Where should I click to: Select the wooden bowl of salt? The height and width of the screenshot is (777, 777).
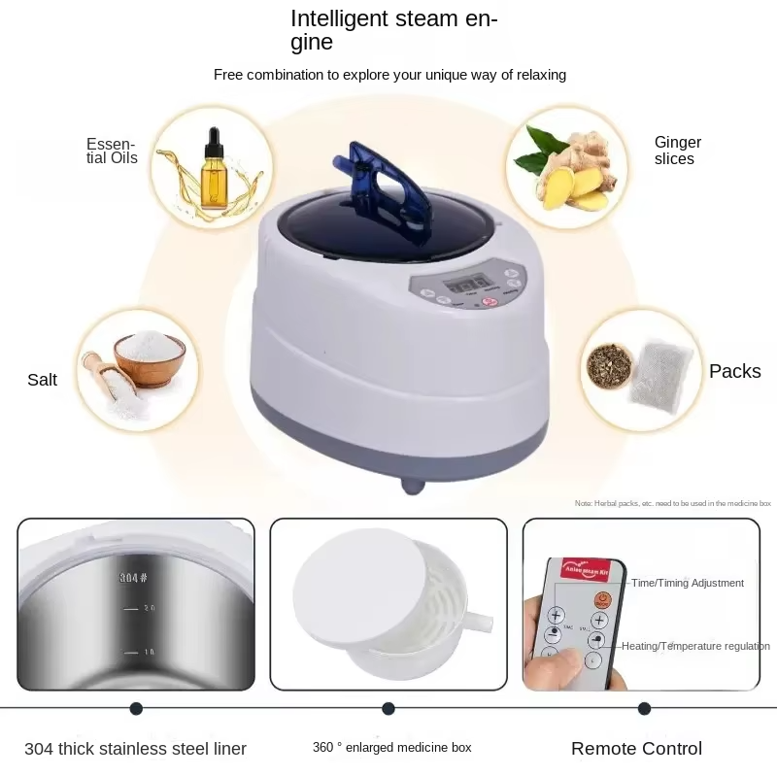(149, 355)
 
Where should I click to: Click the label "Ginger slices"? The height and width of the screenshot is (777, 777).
(677, 151)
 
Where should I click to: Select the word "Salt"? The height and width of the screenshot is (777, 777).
(42, 380)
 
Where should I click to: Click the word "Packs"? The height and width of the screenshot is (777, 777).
(734, 371)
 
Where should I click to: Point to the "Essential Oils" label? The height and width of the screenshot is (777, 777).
(112, 151)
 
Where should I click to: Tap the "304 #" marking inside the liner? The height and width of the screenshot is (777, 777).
(133, 578)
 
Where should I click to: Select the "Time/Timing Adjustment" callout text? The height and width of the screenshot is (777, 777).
(688, 583)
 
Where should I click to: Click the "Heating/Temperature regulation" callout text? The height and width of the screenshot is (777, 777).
(695, 646)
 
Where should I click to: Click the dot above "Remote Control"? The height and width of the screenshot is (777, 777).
(644, 709)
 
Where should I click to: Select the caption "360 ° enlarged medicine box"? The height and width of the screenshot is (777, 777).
(391, 748)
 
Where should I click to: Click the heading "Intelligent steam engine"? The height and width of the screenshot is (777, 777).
(393, 30)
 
